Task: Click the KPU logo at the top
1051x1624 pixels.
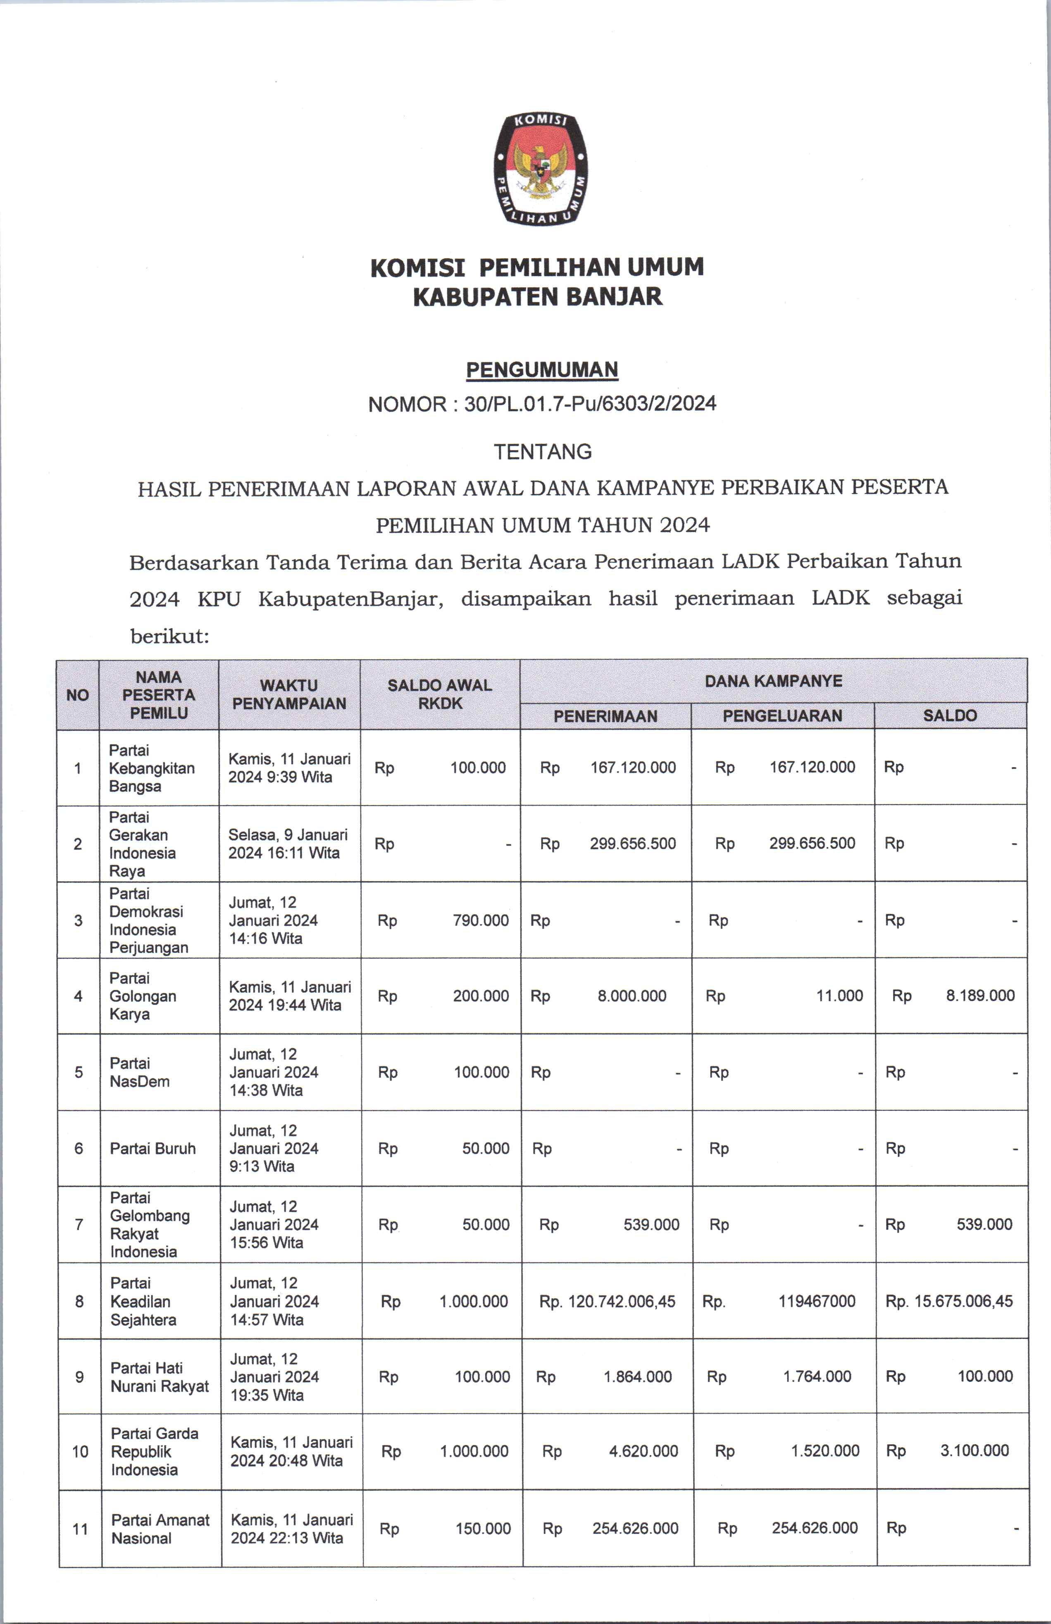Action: point(541,168)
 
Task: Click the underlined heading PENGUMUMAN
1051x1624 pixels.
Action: point(542,370)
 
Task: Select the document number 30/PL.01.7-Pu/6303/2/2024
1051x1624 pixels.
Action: point(590,404)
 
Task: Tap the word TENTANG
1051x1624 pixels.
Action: point(543,452)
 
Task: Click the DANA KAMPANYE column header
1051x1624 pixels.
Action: point(773,681)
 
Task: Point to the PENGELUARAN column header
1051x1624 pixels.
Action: point(782,716)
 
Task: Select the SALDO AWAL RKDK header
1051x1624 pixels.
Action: point(439,695)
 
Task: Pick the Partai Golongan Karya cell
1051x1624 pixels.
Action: point(143,996)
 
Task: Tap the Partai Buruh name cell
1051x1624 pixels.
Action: point(153,1148)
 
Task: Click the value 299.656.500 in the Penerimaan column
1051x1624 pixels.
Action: point(633,843)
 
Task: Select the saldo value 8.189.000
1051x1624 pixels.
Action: point(980,996)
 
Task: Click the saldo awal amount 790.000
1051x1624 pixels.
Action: point(481,921)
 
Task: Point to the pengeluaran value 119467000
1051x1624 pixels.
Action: point(817,1301)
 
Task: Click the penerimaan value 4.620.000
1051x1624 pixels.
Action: point(643,1451)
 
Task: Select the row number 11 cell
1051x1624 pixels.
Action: point(80,1529)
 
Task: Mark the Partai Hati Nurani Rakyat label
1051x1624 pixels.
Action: point(160,1377)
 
